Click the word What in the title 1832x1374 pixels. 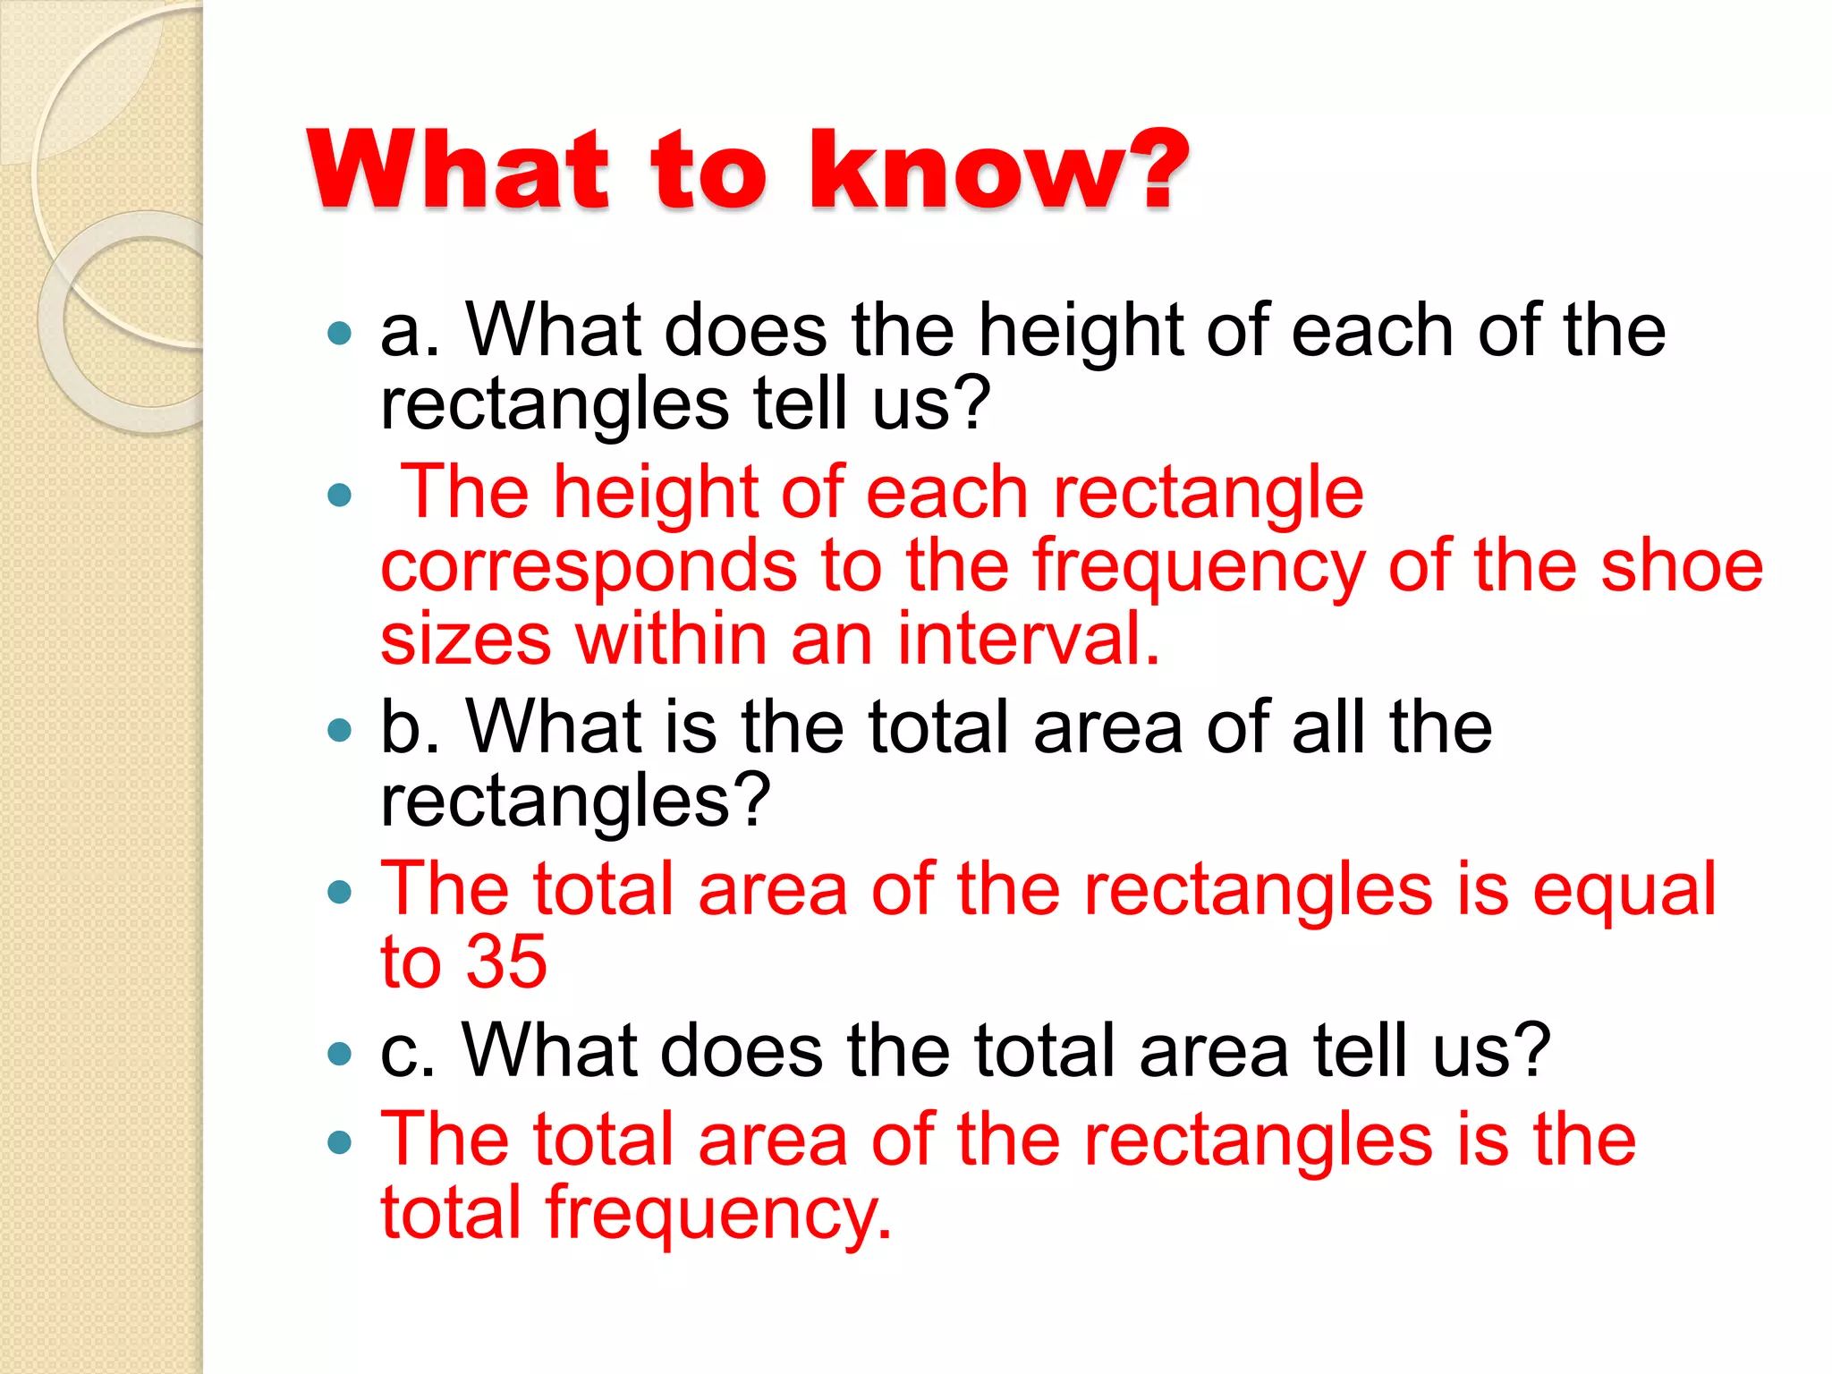pyautogui.click(x=457, y=170)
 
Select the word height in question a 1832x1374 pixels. pyautogui.click(x=1080, y=331)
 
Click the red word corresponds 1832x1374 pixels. pyautogui.click(x=589, y=566)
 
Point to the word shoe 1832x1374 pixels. pyautogui.click(x=1681, y=566)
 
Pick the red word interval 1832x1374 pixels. pyautogui.click(x=1028, y=639)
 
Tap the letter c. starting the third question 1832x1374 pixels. pyautogui.click(x=407, y=1050)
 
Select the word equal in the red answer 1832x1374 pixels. pyautogui.click(x=1624, y=890)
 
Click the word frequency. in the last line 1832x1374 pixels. pyautogui.click(x=719, y=1215)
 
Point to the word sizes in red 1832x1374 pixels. pyautogui.click(x=465, y=639)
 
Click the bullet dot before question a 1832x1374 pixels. pyautogui.click(x=340, y=335)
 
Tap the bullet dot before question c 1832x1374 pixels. pyautogui.click(x=340, y=1054)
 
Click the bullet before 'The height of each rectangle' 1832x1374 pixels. pyautogui.click(x=340, y=495)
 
